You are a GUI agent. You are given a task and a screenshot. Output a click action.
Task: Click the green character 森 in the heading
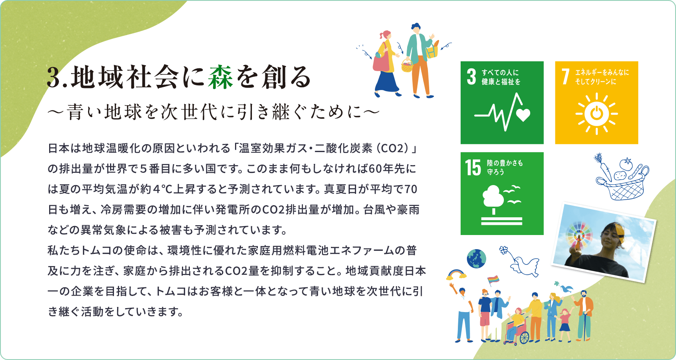pos(221,77)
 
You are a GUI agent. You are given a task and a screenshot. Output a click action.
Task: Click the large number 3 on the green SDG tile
pos(472,77)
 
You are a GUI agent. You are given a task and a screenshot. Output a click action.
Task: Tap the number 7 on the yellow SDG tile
pos(565,77)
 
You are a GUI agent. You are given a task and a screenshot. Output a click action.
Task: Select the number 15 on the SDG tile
pos(473,167)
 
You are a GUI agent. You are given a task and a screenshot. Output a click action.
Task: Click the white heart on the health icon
pos(523,115)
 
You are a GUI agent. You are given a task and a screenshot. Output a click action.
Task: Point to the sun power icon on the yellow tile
pos(597,114)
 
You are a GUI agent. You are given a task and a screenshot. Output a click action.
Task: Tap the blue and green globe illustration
pos(476,259)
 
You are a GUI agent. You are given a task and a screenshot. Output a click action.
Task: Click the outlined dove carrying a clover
pos(520,262)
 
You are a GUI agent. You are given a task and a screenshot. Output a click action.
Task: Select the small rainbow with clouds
pos(456,274)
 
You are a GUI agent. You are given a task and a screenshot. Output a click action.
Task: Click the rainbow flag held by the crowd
pos(493,279)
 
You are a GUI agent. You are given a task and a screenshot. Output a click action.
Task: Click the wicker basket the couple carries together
pos(407,66)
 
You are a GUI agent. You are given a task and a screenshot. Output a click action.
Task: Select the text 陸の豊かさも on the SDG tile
pos(505,163)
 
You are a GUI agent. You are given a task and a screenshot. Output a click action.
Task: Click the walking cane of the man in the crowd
pos(584,326)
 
